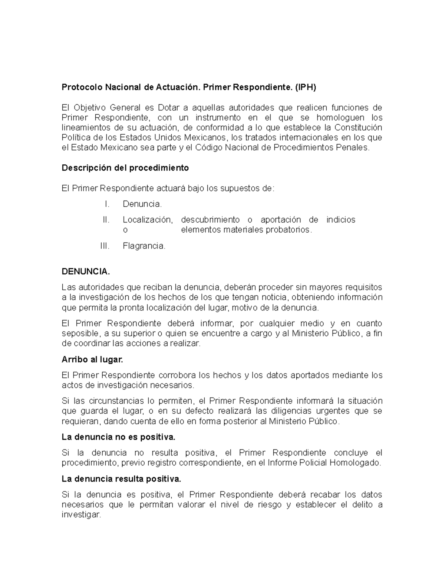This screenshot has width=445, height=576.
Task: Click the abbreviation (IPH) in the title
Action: (305, 88)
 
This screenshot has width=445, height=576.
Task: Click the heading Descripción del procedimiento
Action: (125, 168)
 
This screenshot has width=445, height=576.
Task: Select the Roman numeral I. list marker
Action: (107, 204)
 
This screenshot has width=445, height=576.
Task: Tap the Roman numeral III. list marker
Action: (105, 246)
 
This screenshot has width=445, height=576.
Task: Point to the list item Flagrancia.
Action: (144, 246)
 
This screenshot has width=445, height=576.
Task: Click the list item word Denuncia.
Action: (142, 204)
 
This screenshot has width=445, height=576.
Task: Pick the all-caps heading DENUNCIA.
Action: (86, 271)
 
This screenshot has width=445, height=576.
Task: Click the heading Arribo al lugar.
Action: (92, 359)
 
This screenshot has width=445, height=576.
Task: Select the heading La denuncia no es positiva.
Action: (118, 437)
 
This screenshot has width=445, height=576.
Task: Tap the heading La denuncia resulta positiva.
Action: (121, 479)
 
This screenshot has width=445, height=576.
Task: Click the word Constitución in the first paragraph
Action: (358, 128)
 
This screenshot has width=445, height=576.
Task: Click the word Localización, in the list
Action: (148, 220)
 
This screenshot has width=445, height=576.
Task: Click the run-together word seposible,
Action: (80, 333)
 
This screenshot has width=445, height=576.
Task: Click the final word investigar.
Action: (81, 515)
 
